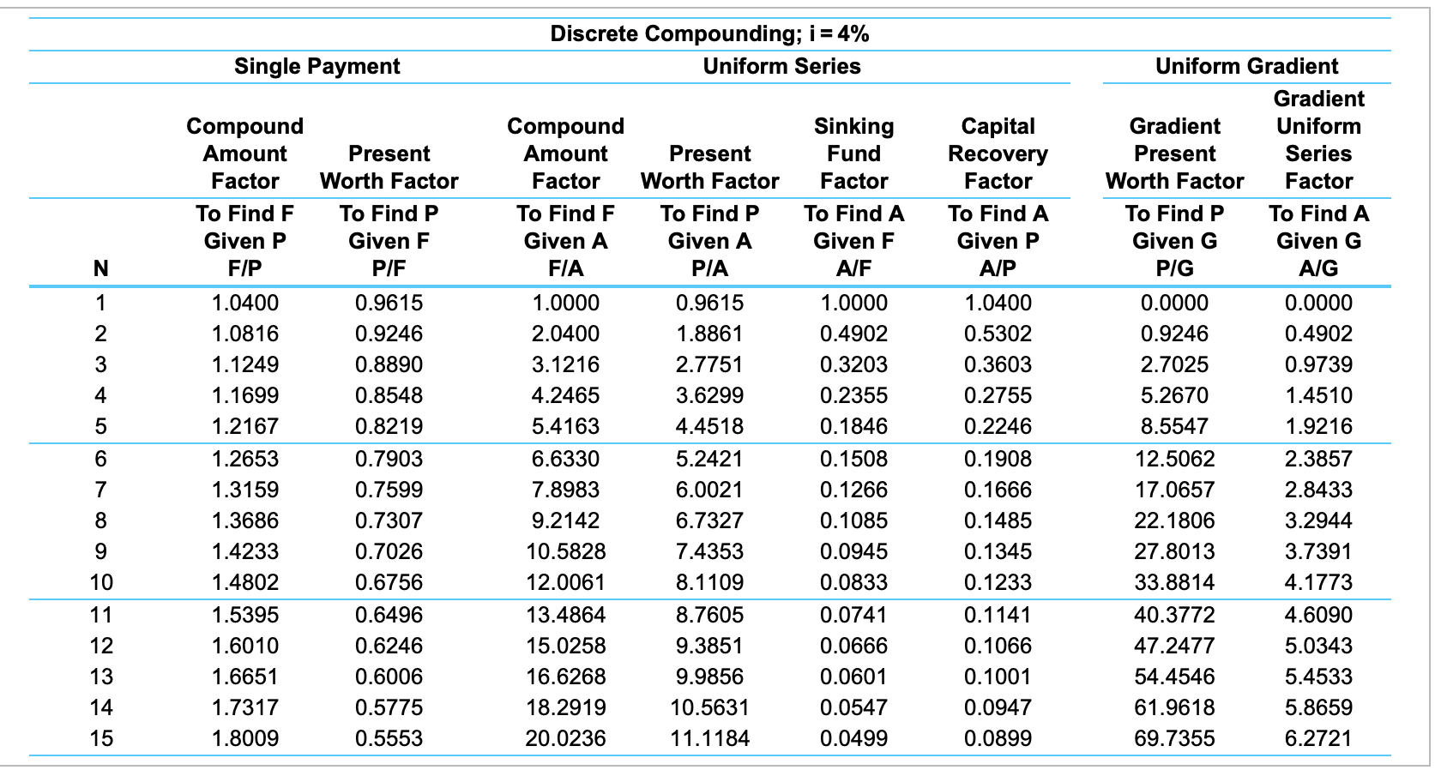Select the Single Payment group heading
tap(317, 66)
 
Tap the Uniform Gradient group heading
tap(1246, 66)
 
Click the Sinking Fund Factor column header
tap(853, 153)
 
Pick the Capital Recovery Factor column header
tap(998, 153)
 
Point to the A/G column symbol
tap(1318, 268)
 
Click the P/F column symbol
tap(389, 268)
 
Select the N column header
tap(100, 268)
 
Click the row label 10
tap(100, 582)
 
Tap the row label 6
tap(100, 459)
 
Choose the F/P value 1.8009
tap(244, 738)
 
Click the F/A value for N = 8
tap(565, 520)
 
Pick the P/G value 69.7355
tap(1174, 738)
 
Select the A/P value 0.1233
tap(998, 582)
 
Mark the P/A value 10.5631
tap(709, 707)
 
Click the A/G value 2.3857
tap(1318, 459)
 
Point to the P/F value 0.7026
tap(389, 551)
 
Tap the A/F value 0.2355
tap(853, 395)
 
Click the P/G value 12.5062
tap(1174, 459)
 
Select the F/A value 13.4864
tap(565, 615)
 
